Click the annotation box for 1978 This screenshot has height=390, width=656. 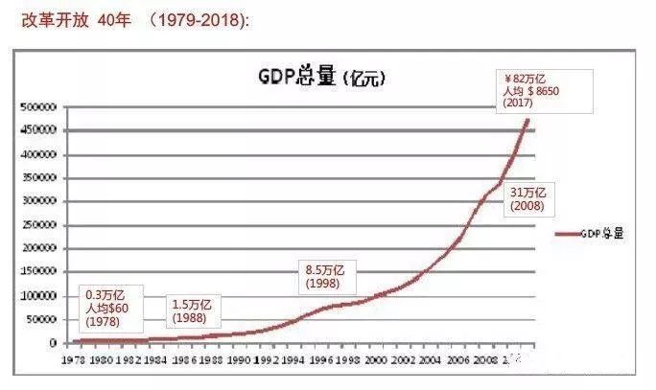(x=113, y=308)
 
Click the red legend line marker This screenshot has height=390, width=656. (x=567, y=233)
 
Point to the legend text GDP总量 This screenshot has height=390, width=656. (x=601, y=233)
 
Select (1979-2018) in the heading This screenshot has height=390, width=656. (x=199, y=19)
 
